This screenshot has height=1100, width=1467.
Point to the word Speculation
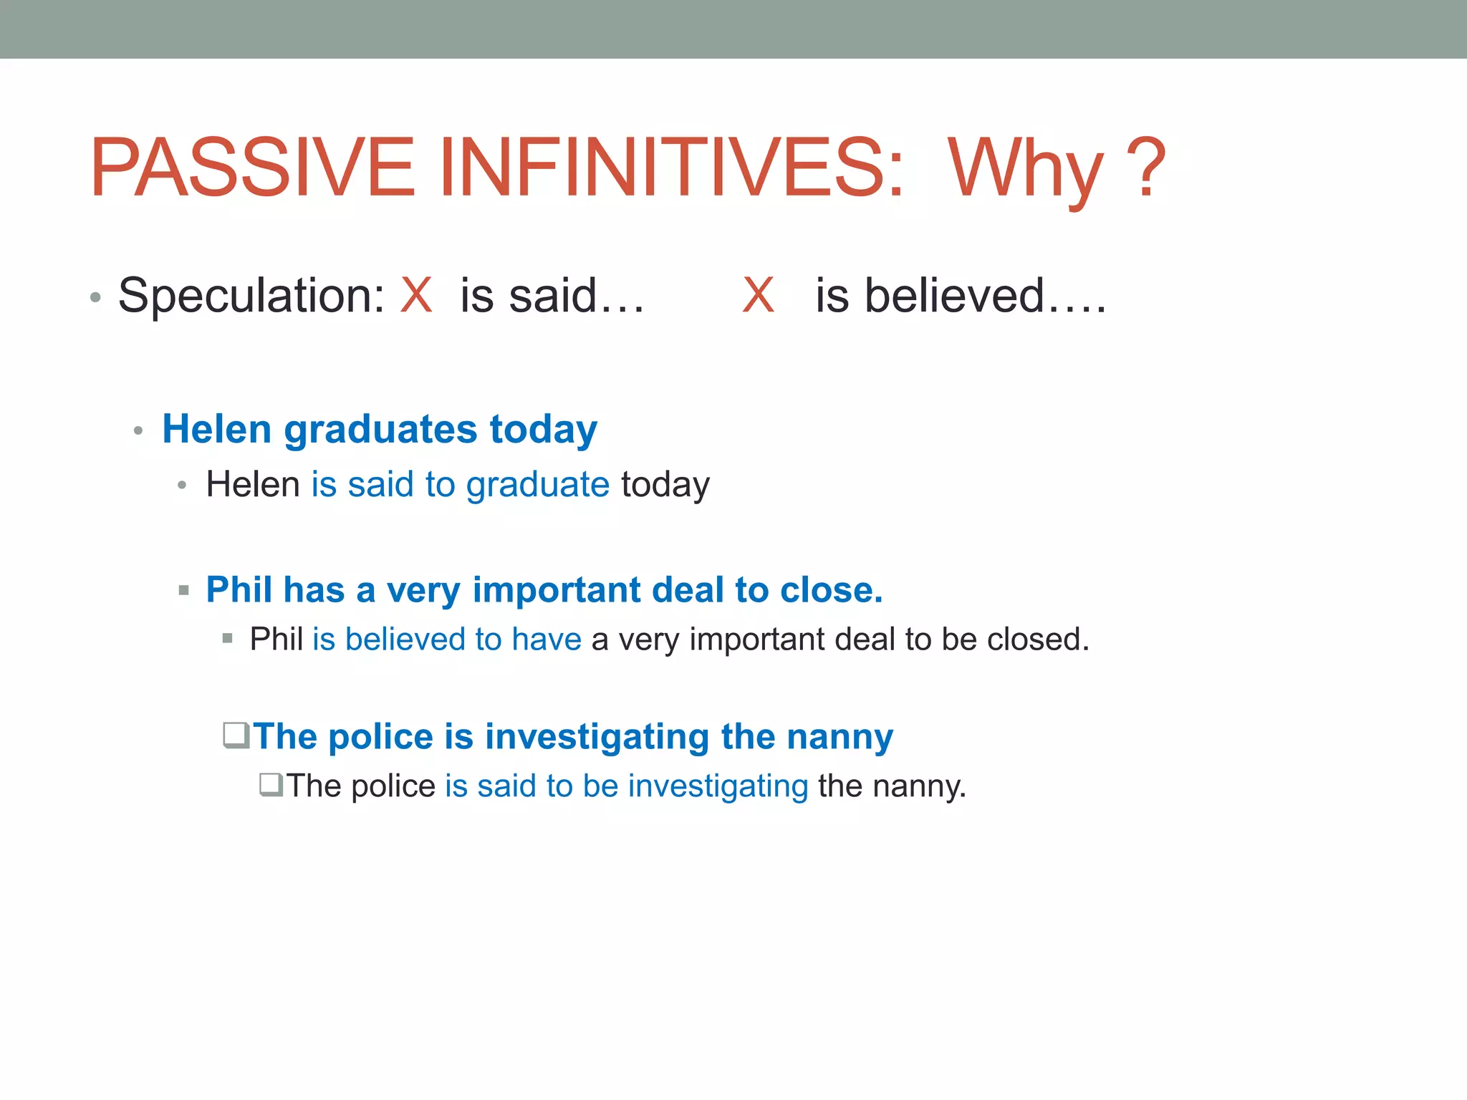tap(251, 296)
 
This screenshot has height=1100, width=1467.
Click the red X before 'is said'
tap(416, 295)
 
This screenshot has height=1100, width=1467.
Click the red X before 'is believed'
tap(759, 295)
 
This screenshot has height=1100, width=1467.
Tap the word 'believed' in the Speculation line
tap(953, 295)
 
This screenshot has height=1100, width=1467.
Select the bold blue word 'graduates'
tap(380, 430)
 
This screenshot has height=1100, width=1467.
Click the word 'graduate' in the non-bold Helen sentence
tap(537, 485)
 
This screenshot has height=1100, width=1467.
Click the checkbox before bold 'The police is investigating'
tap(236, 735)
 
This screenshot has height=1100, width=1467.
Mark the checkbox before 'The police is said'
tap(271, 785)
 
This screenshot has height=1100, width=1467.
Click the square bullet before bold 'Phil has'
tap(184, 591)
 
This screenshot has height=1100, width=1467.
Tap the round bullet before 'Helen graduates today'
tap(139, 431)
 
